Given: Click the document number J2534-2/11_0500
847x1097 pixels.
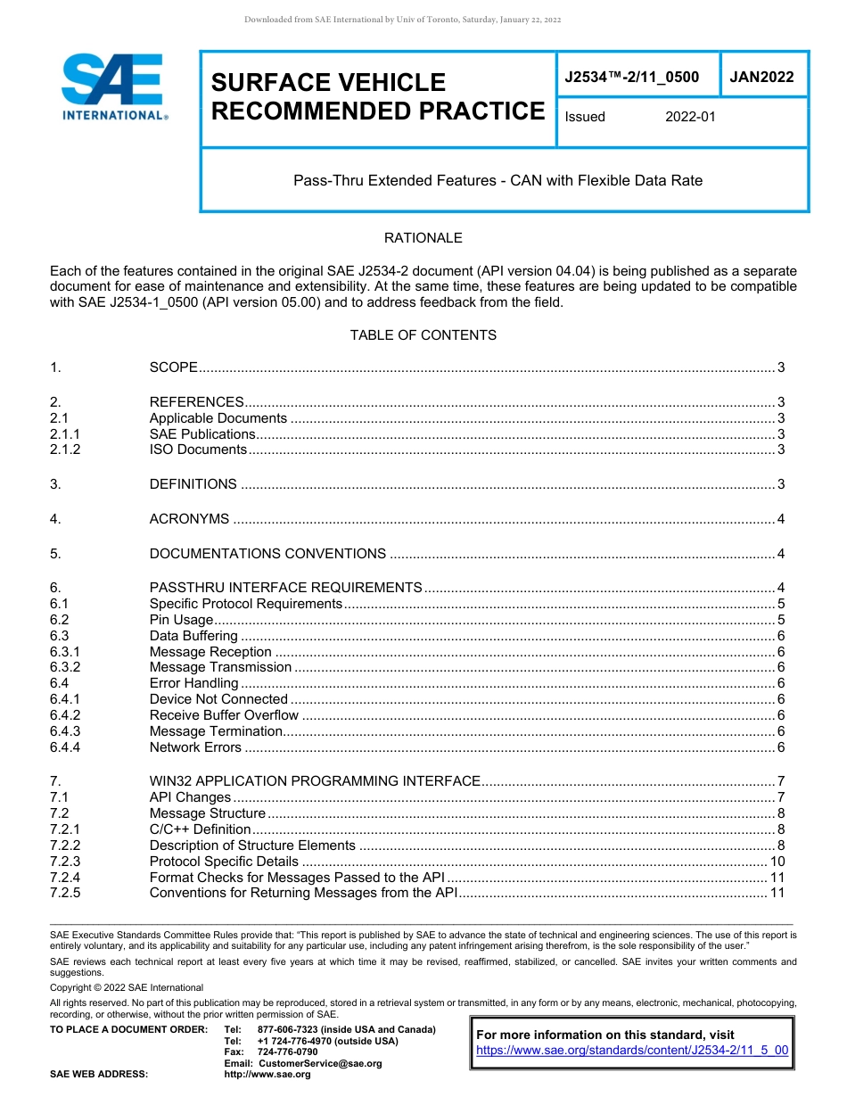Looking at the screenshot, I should coord(631,78).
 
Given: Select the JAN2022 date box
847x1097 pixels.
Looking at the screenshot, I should coord(761,78).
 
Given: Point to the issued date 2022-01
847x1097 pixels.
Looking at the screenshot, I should coord(690,117).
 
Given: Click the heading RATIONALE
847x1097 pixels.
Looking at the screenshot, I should coord(423,238).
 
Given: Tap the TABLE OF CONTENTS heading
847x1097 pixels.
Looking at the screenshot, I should coord(423,335).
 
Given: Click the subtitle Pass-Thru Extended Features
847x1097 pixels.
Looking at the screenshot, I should coord(498,181).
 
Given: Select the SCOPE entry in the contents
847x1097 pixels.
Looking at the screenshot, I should coord(173,367).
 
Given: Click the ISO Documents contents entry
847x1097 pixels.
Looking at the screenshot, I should coord(198,450).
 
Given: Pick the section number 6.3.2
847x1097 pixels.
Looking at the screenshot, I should coord(65,667).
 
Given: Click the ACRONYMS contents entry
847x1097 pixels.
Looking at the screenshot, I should coord(189,519).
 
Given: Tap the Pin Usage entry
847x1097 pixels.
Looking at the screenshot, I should coord(181,620).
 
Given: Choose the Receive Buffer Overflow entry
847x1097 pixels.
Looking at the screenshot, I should coord(224,715).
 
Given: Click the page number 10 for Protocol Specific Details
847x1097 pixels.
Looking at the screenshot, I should coord(777,862).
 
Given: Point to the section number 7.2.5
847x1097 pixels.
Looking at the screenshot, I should coord(65,893).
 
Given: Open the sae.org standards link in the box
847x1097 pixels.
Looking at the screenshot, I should coord(632,1050).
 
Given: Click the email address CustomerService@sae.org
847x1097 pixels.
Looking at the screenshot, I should coord(319,1063).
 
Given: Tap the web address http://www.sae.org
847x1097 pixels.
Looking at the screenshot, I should coord(267,1075).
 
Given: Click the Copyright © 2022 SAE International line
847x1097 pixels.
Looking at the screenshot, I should coord(127,987).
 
